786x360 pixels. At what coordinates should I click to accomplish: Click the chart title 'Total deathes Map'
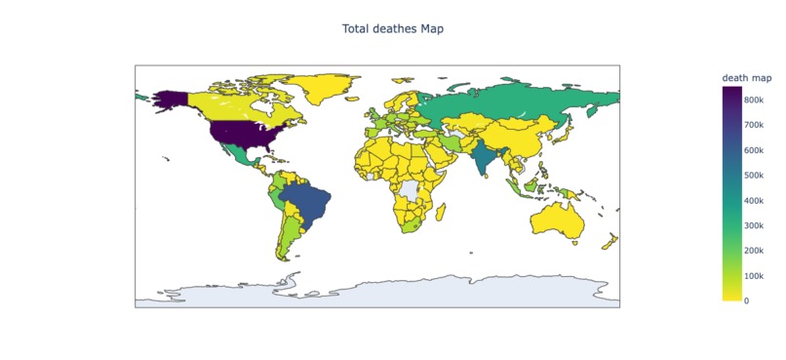393,28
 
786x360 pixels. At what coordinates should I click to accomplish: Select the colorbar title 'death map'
747,78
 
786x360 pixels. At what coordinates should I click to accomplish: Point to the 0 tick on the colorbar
747,300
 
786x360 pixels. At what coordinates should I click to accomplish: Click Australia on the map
559,220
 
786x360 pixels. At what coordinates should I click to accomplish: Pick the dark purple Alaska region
172,98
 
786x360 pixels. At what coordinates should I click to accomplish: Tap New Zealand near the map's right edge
612,242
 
